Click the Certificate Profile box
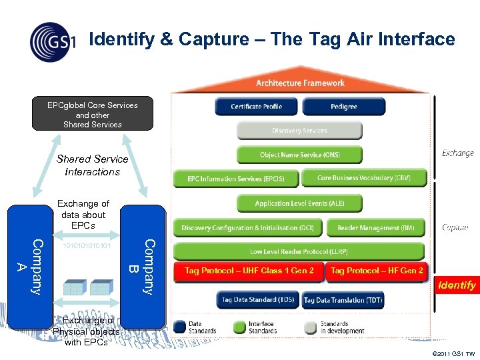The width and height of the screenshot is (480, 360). click(x=256, y=107)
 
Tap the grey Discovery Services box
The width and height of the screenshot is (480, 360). click(x=299, y=131)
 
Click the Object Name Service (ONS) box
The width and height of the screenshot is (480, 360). click(x=299, y=155)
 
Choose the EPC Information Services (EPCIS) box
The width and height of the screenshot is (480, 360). click(x=235, y=179)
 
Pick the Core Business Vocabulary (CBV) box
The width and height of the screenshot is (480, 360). click(x=363, y=178)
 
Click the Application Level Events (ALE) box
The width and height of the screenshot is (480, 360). click(x=299, y=203)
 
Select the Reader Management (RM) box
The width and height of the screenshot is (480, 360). click(x=375, y=228)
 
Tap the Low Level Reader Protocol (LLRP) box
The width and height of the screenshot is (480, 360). click(x=299, y=252)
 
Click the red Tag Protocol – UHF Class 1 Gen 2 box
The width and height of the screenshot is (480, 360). click(x=249, y=271)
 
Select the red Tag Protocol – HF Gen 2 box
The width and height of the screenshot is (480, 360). click(x=377, y=271)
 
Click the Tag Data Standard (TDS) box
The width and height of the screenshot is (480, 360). click(x=257, y=301)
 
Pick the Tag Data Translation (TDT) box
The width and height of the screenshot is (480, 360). click(x=343, y=301)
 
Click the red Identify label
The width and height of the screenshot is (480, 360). click(x=457, y=285)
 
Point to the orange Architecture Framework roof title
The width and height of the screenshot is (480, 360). click(x=300, y=83)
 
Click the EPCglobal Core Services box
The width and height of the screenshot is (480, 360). click(x=93, y=114)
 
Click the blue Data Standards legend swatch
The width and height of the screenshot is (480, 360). click(x=180, y=327)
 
